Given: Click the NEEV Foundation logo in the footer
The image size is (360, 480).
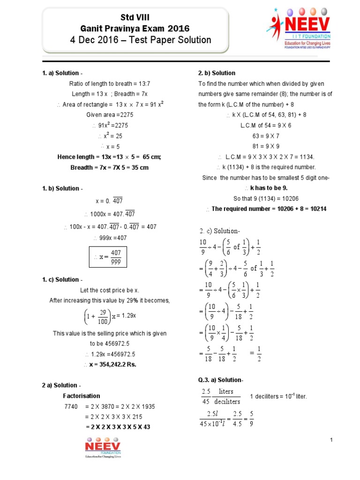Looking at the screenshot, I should (103, 447).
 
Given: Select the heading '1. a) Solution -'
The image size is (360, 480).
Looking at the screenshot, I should (62, 73).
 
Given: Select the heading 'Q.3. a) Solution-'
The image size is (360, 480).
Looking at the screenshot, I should (221, 380).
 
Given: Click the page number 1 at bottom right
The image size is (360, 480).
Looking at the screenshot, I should (331, 439).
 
